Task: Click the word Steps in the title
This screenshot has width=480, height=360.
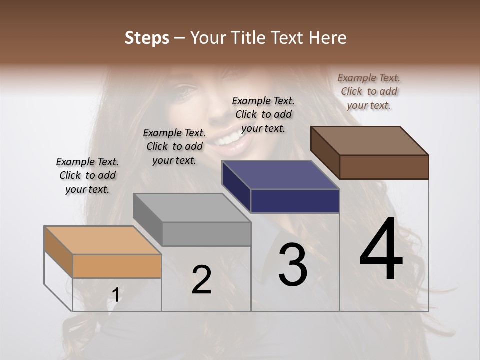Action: [147, 38]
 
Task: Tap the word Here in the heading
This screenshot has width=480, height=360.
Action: [328, 38]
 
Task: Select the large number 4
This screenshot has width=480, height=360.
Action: [381, 250]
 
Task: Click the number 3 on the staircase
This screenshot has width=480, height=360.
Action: [293, 265]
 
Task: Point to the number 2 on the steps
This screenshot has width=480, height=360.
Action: [201, 280]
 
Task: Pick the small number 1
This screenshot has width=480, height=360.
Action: [115, 295]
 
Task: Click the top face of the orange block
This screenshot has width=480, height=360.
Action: [102, 240]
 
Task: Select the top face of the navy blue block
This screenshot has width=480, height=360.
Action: [280, 175]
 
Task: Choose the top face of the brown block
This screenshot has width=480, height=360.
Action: [369, 140]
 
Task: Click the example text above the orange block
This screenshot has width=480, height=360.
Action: [87, 175]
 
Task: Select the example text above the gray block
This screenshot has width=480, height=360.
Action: [174, 146]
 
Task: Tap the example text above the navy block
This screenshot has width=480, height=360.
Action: [263, 114]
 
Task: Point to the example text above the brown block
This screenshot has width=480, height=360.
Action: [369, 91]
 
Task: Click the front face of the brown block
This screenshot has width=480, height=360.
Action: [384, 167]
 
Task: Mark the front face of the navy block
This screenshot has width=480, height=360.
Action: [295, 201]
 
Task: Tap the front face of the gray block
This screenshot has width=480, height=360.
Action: [206, 234]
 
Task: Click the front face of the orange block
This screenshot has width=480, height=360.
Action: [117, 266]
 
